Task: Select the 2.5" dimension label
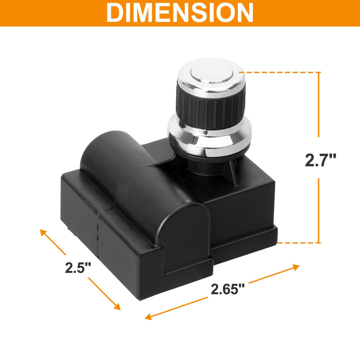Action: click(78, 268)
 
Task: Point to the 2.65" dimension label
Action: click(227, 294)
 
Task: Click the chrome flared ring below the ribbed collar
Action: click(209, 139)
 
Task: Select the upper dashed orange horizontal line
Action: click(280, 72)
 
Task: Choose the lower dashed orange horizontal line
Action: click(299, 243)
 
